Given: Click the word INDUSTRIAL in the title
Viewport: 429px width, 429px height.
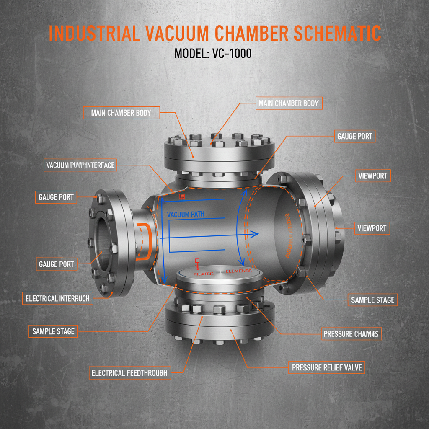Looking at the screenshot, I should pos(94,34).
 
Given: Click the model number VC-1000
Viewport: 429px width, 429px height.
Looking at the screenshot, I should pos(230,54).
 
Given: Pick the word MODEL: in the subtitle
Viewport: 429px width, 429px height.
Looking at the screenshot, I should pos(189,54).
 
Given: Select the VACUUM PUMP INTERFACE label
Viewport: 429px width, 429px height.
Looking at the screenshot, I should pos(80,165).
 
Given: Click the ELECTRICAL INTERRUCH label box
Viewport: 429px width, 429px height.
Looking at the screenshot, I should pos(58,299).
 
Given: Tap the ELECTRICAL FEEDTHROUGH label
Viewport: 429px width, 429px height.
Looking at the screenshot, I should pos(129,373).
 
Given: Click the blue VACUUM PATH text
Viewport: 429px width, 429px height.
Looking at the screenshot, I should pos(186,214).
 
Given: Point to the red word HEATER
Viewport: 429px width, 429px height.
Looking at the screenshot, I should pos(204,273).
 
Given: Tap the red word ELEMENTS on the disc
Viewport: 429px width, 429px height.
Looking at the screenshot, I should pos(238,271).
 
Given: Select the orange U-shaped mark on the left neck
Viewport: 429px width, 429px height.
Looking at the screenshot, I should pos(144,242).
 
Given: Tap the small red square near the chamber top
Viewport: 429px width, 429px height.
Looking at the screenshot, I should pos(182,196).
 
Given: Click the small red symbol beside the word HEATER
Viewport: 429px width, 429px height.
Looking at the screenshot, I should pos(197,263).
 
